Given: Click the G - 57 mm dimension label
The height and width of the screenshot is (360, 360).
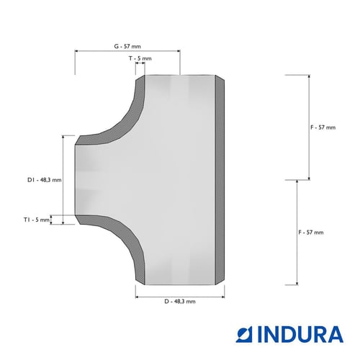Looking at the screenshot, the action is (x=127, y=46).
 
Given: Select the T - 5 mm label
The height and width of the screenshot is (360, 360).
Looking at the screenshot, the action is (x=140, y=58).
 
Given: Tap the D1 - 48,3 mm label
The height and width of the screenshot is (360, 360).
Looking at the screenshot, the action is (x=45, y=180).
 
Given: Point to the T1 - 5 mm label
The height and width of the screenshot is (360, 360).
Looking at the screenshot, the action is (x=37, y=220).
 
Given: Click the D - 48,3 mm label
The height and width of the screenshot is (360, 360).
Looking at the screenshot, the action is (x=180, y=302).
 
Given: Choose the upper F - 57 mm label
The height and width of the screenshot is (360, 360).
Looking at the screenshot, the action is (x=323, y=127).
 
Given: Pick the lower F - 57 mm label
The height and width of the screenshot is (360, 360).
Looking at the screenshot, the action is (x=311, y=233).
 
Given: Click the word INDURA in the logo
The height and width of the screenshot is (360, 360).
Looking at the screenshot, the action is (x=300, y=334).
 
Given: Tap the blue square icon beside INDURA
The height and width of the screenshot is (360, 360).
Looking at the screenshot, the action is (x=244, y=334).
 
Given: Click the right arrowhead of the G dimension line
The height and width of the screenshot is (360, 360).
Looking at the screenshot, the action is (x=179, y=51).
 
